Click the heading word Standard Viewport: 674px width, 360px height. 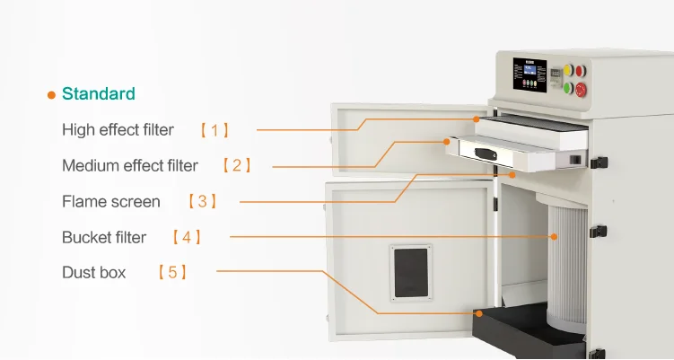[99, 93]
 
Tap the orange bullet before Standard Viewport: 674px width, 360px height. [51, 94]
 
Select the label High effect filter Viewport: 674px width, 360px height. [118, 130]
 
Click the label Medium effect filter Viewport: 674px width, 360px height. [130, 165]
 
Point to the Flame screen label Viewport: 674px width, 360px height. [111, 201]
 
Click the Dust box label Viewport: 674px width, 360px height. [93, 271]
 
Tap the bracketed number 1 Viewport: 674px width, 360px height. [214, 130]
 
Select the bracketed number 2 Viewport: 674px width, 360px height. [236, 165]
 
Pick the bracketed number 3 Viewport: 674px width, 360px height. [202, 201]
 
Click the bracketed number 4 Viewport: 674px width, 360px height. [186, 237]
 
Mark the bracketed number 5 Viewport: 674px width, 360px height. [171, 271]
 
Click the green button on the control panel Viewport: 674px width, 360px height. [567, 87]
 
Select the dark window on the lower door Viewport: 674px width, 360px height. [411, 272]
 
